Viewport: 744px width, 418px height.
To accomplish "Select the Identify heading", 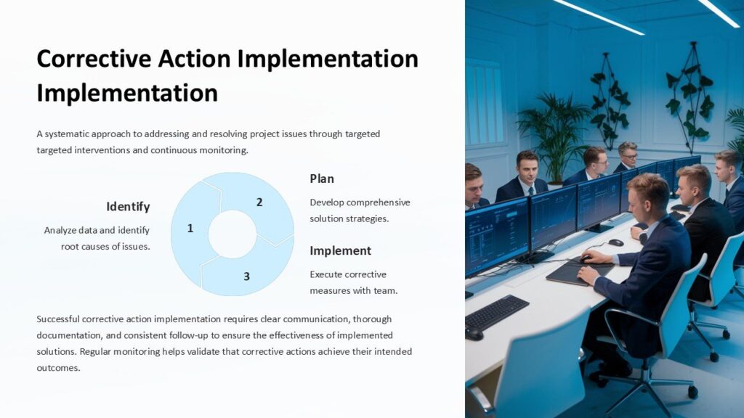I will pyautogui.click(x=128, y=207).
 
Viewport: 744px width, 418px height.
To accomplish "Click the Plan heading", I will pyautogui.click(x=322, y=179).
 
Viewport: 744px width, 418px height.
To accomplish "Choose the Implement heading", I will pyautogui.click(x=340, y=251).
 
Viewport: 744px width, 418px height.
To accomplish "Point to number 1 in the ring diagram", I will pyautogui.click(x=190, y=229).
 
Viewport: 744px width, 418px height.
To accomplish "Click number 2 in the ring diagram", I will pyautogui.click(x=259, y=202).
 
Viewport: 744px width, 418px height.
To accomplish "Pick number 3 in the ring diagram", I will pyautogui.click(x=246, y=276).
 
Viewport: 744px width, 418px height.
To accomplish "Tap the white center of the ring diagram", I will pyautogui.click(x=232, y=234).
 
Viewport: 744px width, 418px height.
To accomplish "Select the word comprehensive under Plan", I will pyautogui.click(x=378, y=202).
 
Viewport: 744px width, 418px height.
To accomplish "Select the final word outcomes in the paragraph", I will pyautogui.click(x=58, y=368).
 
